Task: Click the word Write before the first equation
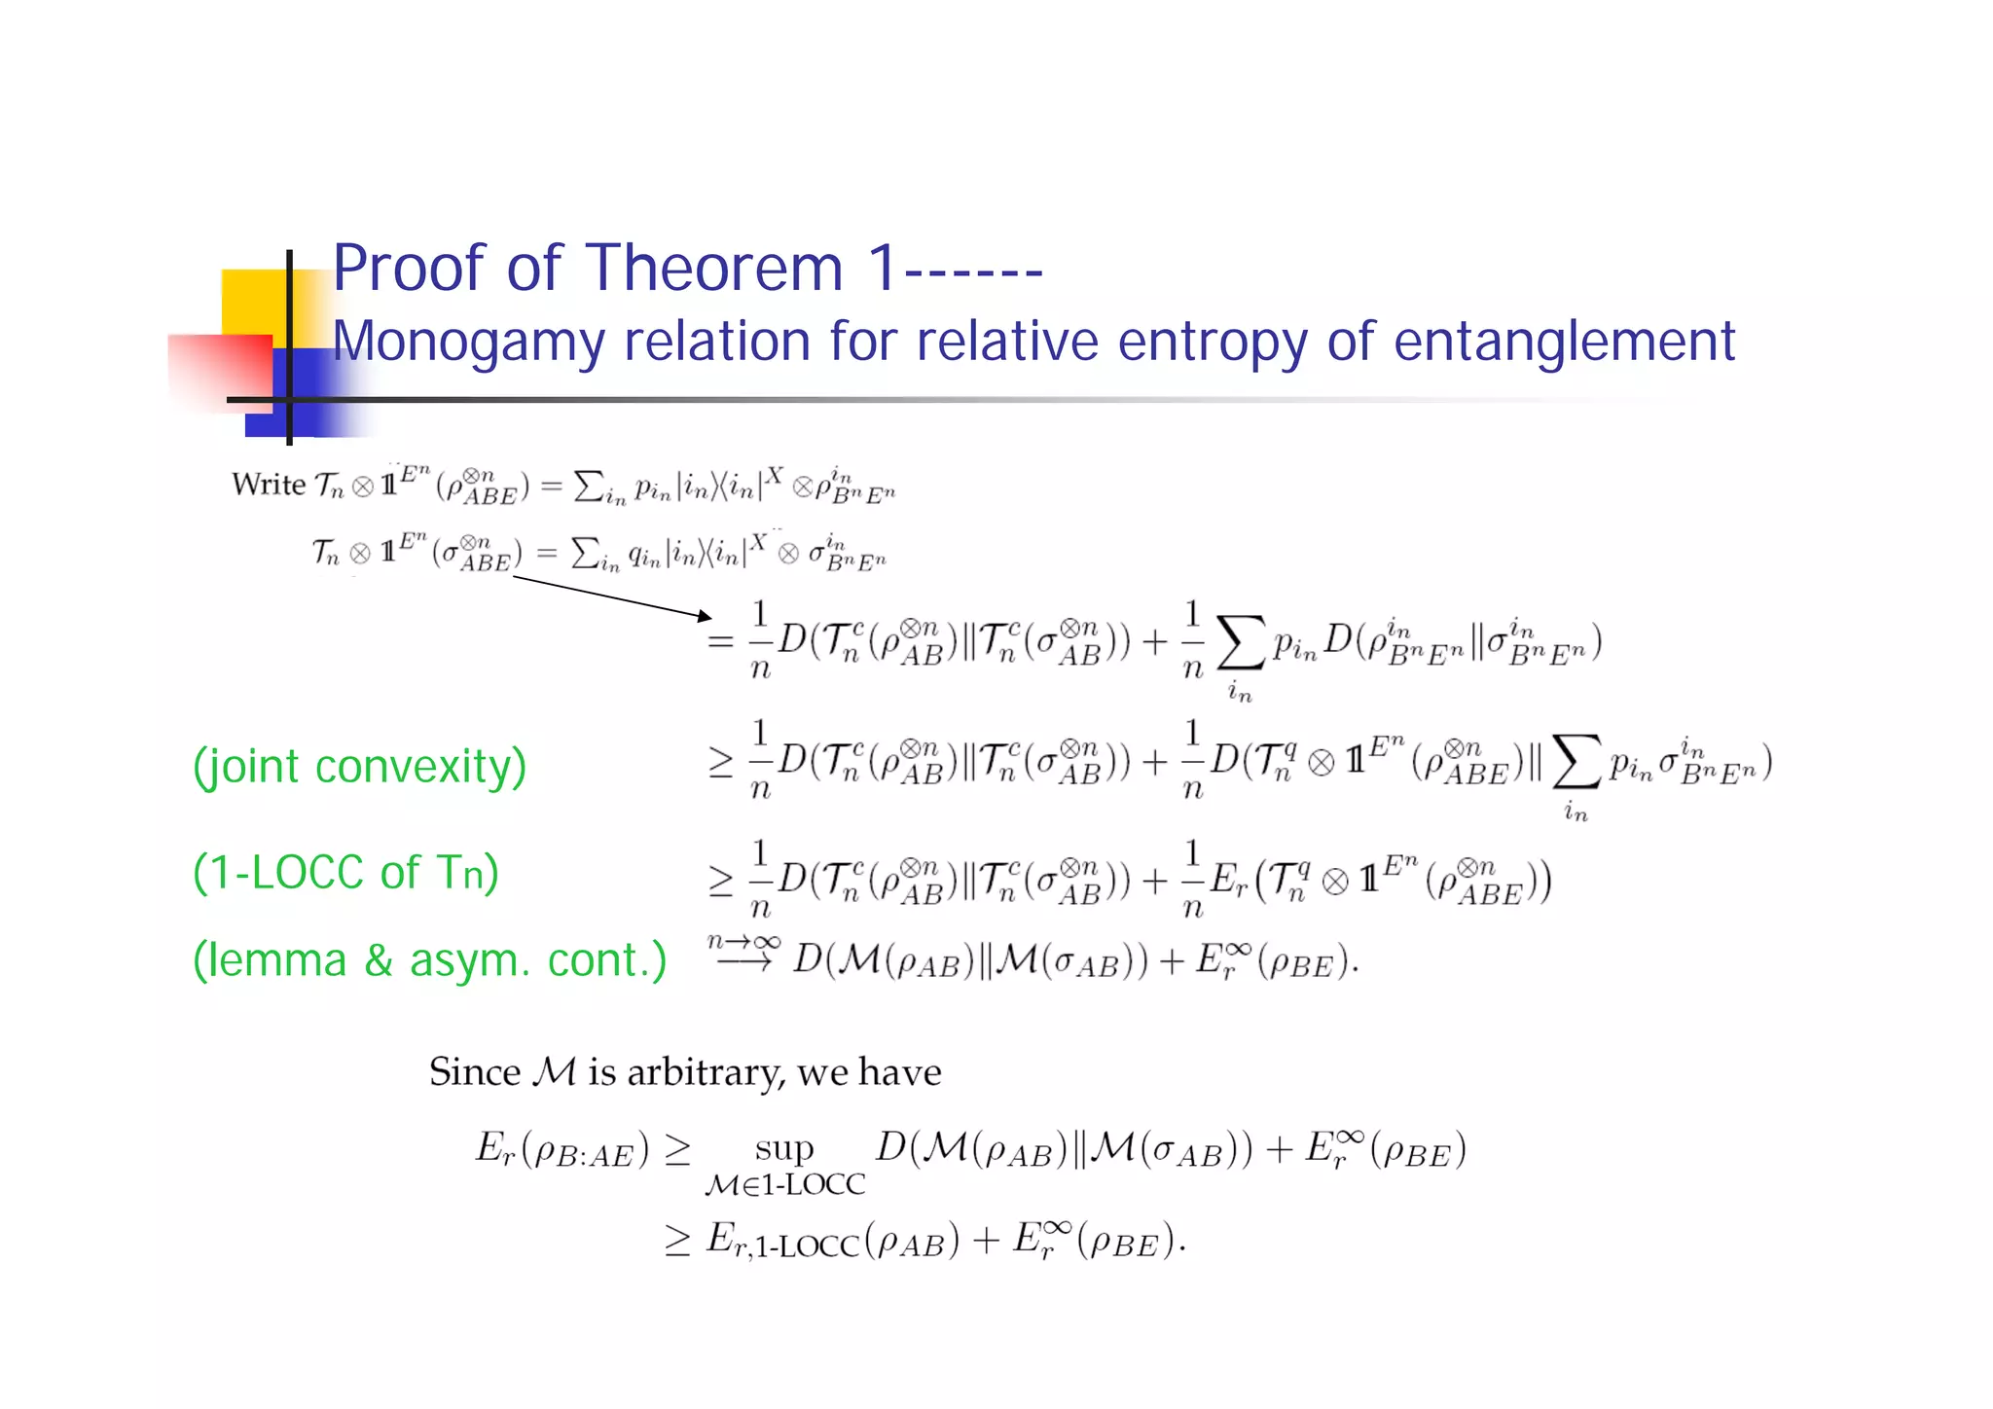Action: click(x=268, y=484)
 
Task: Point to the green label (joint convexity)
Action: click(x=359, y=767)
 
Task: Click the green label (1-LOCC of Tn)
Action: click(x=345, y=872)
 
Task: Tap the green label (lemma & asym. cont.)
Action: click(x=429, y=960)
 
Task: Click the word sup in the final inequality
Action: click(x=784, y=1148)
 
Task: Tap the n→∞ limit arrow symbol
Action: click(x=743, y=953)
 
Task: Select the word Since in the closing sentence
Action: click(x=475, y=1072)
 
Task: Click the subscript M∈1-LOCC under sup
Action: click(x=784, y=1185)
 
